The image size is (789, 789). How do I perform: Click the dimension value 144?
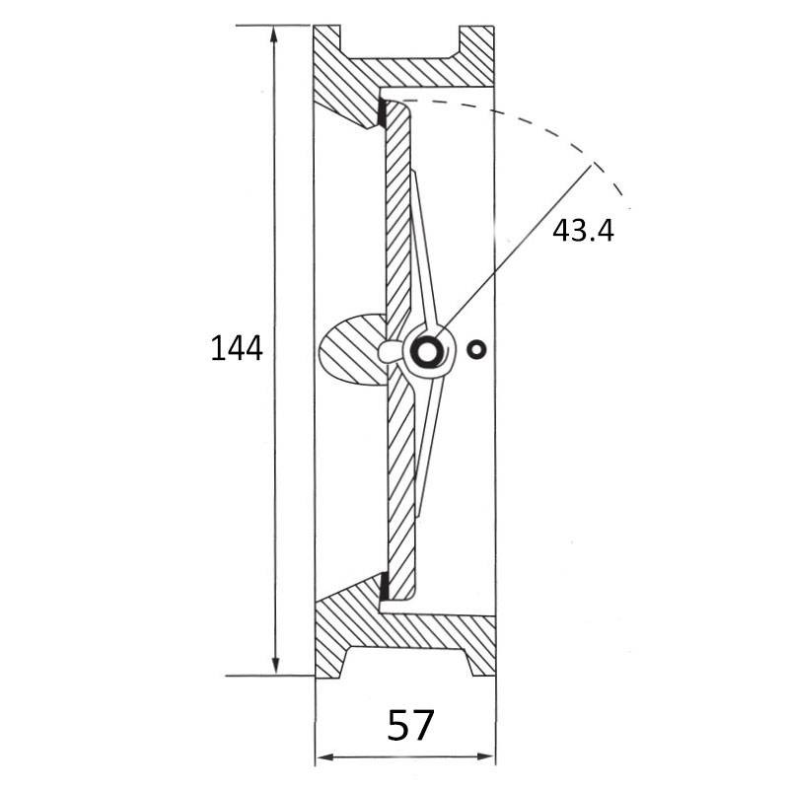237,348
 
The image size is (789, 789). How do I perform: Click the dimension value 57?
410,725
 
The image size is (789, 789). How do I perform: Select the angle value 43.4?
583,231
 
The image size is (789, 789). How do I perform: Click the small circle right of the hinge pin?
476,349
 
